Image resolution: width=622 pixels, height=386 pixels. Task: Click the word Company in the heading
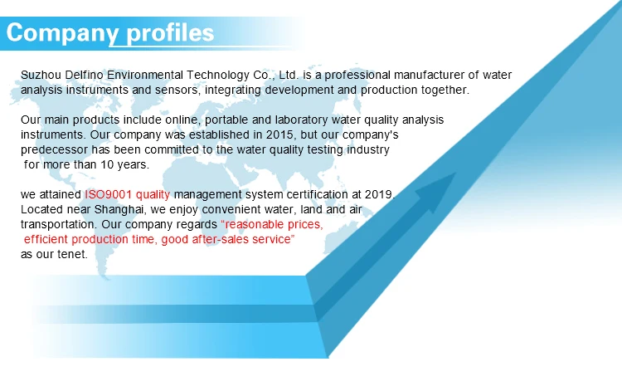point(62,33)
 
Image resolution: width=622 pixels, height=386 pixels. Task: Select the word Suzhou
point(41,75)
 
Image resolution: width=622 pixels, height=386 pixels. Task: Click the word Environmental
point(145,75)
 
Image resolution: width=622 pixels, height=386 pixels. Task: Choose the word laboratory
point(301,120)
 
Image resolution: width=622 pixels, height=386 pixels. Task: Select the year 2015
point(280,135)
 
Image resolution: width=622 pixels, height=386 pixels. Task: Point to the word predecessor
point(54,150)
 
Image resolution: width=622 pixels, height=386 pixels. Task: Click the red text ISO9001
point(108,194)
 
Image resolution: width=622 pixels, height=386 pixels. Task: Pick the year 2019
point(380,194)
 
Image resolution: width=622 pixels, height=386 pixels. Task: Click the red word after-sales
point(215,239)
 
